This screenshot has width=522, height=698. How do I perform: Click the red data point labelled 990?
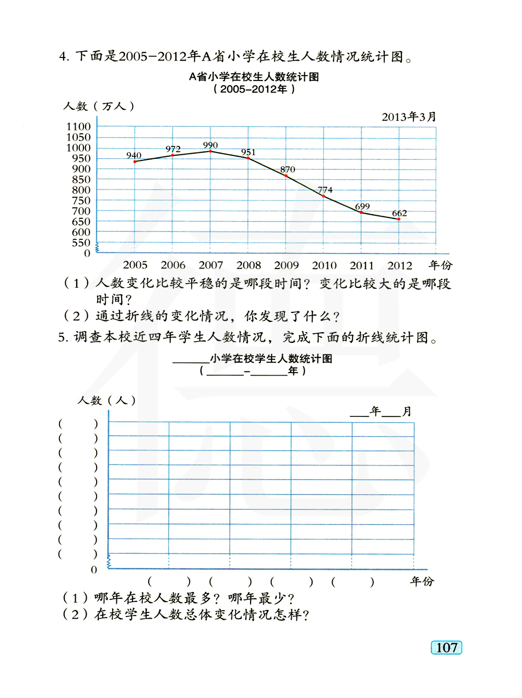pyautogui.click(x=210, y=151)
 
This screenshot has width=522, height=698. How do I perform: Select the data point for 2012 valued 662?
pyautogui.click(x=399, y=219)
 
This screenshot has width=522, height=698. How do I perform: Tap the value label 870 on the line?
pyautogui.click(x=288, y=169)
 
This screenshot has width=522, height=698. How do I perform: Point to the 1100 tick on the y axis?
pyautogui.click(x=78, y=126)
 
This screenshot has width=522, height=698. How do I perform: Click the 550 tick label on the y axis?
pyautogui.click(x=81, y=242)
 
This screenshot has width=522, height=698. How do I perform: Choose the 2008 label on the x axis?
pyautogui.click(x=248, y=265)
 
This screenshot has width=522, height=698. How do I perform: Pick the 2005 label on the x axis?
pyautogui.click(x=135, y=265)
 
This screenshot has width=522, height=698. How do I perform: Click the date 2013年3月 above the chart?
pyautogui.click(x=409, y=117)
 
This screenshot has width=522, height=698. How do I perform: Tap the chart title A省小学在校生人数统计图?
pyautogui.click(x=254, y=77)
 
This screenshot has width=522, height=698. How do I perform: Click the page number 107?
pyautogui.click(x=446, y=648)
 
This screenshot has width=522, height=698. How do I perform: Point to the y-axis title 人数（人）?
pyautogui.click(x=106, y=400)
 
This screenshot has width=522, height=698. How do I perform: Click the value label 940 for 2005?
pyautogui.click(x=134, y=155)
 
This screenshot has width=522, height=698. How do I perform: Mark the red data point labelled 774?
pyautogui.click(x=324, y=196)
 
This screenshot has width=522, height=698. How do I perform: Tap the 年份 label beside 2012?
pyautogui.click(x=440, y=265)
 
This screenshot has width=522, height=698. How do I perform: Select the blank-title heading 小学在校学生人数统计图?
pyautogui.click(x=271, y=358)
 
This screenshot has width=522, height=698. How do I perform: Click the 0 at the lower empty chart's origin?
pyautogui.click(x=94, y=569)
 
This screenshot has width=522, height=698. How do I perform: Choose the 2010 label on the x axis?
pyautogui.click(x=324, y=265)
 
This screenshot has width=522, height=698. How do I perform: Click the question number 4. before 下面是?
pyautogui.click(x=64, y=56)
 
